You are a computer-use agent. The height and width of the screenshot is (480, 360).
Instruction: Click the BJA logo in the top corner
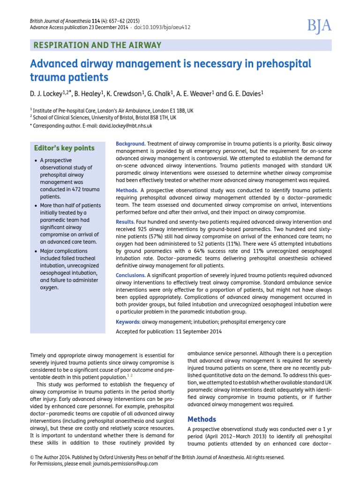coord(320,26)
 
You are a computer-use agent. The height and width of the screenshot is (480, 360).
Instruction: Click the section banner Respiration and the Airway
coord(96,45)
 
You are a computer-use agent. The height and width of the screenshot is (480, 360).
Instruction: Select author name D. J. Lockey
coord(46,94)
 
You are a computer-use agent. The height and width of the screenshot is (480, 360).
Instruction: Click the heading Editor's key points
coord(64,148)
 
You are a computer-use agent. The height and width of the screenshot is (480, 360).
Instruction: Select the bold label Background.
coord(130,143)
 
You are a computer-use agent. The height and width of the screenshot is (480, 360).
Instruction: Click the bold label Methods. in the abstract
coord(127,190)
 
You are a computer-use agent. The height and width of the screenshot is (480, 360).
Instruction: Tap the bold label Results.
coord(125,221)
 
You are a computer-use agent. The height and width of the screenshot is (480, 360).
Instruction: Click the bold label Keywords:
coord(128,322)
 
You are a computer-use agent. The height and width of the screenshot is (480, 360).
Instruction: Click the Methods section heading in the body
coord(202,419)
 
